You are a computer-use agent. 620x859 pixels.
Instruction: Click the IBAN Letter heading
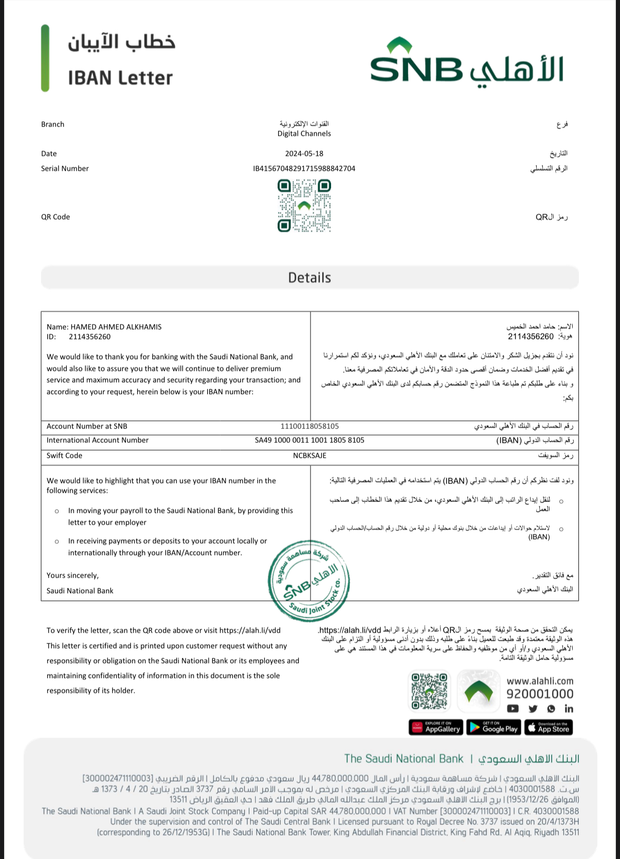(x=120, y=78)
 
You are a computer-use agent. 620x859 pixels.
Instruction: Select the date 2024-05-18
(x=304, y=153)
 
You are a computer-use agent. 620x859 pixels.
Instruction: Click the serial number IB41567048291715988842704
(x=304, y=168)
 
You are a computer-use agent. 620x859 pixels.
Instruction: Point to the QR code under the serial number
(x=304, y=206)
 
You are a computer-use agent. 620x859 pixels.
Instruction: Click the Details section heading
(x=309, y=278)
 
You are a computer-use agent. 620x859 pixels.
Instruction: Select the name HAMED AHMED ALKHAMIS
(x=116, y=327)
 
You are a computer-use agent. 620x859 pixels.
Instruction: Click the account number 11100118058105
(x=309, y=426)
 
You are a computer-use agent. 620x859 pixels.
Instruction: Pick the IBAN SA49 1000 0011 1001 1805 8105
(x=309, y=440)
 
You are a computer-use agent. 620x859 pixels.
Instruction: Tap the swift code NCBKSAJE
(x=309, y=455)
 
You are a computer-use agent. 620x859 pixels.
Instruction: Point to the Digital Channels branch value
(x=304, y=133)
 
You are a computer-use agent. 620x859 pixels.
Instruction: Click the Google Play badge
(x=494, y=728)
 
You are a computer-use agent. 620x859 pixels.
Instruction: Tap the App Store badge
(x=549, y=728)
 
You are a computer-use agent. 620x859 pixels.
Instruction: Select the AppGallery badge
(x=436, y=728)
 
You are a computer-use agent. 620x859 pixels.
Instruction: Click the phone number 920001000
(x=540, y=694)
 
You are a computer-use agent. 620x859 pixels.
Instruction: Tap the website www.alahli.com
(x=540, y=681)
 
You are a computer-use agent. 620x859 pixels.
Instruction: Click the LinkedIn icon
(x=569, y=709)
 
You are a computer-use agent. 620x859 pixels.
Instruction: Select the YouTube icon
(x=513, y=709)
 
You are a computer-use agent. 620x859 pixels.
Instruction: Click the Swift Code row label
(x=64, y=455)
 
